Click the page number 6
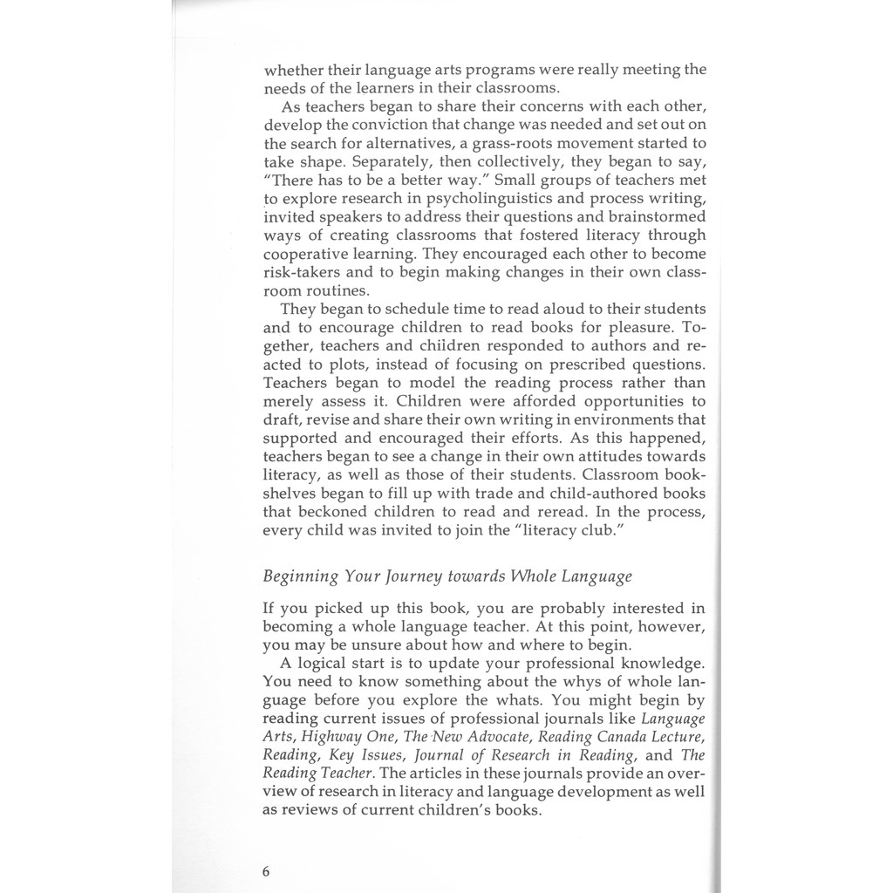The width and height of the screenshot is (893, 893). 267,871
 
